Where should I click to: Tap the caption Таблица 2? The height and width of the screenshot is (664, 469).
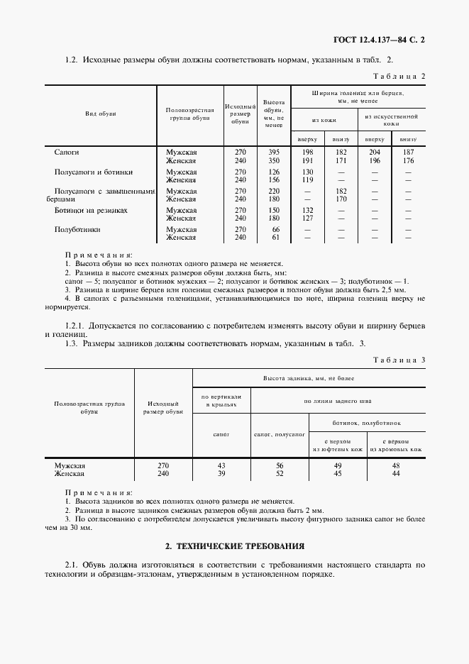399,76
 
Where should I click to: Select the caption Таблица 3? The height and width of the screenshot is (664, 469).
399,360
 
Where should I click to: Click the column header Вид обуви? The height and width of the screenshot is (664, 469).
101,114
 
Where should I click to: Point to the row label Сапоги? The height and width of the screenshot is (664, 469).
67,153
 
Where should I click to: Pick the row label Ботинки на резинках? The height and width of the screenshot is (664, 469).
91,211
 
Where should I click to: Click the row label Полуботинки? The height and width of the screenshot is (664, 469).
77,230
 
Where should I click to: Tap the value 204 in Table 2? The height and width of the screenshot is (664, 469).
375,153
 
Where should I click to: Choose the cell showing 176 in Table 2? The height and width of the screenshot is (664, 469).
408,160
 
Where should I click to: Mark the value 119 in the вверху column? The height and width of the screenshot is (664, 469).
307,180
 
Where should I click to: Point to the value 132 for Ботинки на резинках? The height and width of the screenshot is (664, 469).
307,211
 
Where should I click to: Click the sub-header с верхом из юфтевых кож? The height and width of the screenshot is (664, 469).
338,446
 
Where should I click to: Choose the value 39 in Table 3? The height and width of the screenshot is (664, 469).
221,474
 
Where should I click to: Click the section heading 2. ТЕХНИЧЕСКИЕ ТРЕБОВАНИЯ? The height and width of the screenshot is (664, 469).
234,546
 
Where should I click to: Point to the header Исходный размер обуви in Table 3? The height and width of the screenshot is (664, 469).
163,406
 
